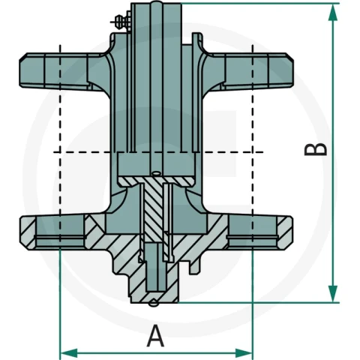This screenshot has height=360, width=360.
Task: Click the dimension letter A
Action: click(155, 336)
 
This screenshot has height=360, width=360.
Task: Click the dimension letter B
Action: click(316, 149)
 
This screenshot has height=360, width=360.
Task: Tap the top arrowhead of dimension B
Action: click(332, 13)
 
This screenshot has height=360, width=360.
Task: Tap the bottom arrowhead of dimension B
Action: click(332, 294)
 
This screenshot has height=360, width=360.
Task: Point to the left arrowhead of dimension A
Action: click(69, 353)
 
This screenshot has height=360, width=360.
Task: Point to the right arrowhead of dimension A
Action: click(243, 353)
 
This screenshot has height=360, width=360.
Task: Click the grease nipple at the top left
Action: click(121, 21)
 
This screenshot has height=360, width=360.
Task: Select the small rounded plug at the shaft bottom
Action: click(153, 303)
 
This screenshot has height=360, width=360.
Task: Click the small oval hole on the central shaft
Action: click(157, 172)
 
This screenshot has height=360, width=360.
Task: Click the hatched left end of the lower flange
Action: click(28, 232)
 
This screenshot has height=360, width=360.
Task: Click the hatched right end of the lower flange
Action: click(285, 232)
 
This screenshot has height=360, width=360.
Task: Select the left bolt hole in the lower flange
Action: click(60, 231)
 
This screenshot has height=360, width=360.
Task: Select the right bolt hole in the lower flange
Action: click(253, 231)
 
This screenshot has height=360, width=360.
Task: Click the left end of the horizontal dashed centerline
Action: click(54, 151)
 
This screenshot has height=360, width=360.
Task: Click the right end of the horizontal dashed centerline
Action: click(262, 151)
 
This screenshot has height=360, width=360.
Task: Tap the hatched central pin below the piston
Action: click(153, 208)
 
